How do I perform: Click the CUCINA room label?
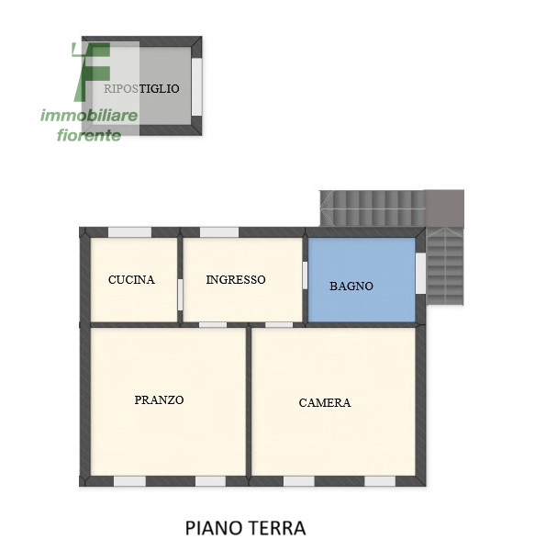131,280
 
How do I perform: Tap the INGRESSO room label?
236,279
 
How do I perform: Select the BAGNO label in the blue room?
351,286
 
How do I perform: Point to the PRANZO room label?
159,399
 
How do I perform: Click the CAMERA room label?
325,402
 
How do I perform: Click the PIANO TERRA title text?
245,528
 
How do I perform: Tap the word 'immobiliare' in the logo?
89,116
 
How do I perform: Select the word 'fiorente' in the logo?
89,135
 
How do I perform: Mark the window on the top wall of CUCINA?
129,231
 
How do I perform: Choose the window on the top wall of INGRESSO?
219,231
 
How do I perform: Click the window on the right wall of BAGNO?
420,273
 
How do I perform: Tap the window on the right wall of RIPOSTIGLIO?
196,87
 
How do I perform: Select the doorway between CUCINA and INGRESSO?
180,294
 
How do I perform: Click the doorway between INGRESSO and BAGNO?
305,275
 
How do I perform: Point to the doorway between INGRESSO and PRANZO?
213,324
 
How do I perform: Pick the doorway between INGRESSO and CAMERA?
279,324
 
